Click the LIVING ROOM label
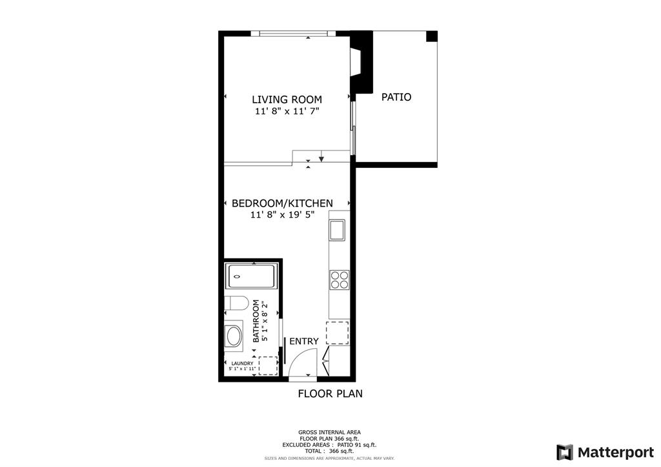tap(287, 99)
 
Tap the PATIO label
tap(396, 98)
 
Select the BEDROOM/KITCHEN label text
tap(282, 203)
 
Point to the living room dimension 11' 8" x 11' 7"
tap(287, 112)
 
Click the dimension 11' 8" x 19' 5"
tap(282, 215)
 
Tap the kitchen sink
tap(337, 229)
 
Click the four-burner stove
tap(340, 279)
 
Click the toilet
tap(236, 304)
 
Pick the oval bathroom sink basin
tap(233, 336)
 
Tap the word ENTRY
tap(303, 342)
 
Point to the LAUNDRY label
tap(242, 364)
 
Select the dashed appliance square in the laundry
tap(268, 365)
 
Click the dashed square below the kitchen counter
tap(338, 333)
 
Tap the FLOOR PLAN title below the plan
tap(330, 393)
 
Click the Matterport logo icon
tap(565, 451)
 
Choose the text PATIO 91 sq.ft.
tap(356, 445)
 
